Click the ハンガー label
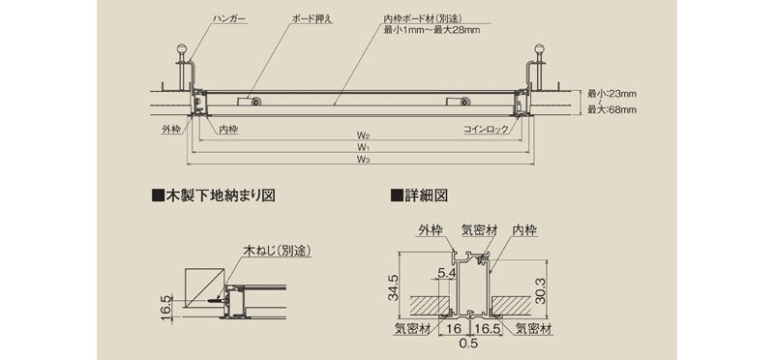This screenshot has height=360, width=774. (x=229, y=19)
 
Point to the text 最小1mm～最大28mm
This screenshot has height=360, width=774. (x=432, y=30)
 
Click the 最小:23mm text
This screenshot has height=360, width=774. (x=611, y=93)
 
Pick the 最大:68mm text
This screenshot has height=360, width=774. (x=611, y=109)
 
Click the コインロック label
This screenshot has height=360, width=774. (x=486, y=130)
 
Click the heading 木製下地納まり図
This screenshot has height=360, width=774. (x=213, y=195)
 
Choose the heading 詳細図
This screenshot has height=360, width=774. (x=419, y=195)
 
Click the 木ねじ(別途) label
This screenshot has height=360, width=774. (x=277, y=251)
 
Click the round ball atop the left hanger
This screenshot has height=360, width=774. (x=182, y=50)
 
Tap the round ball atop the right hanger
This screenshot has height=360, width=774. (x=540, y=50)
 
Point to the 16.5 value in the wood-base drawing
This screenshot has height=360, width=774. (x=165, y=309)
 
